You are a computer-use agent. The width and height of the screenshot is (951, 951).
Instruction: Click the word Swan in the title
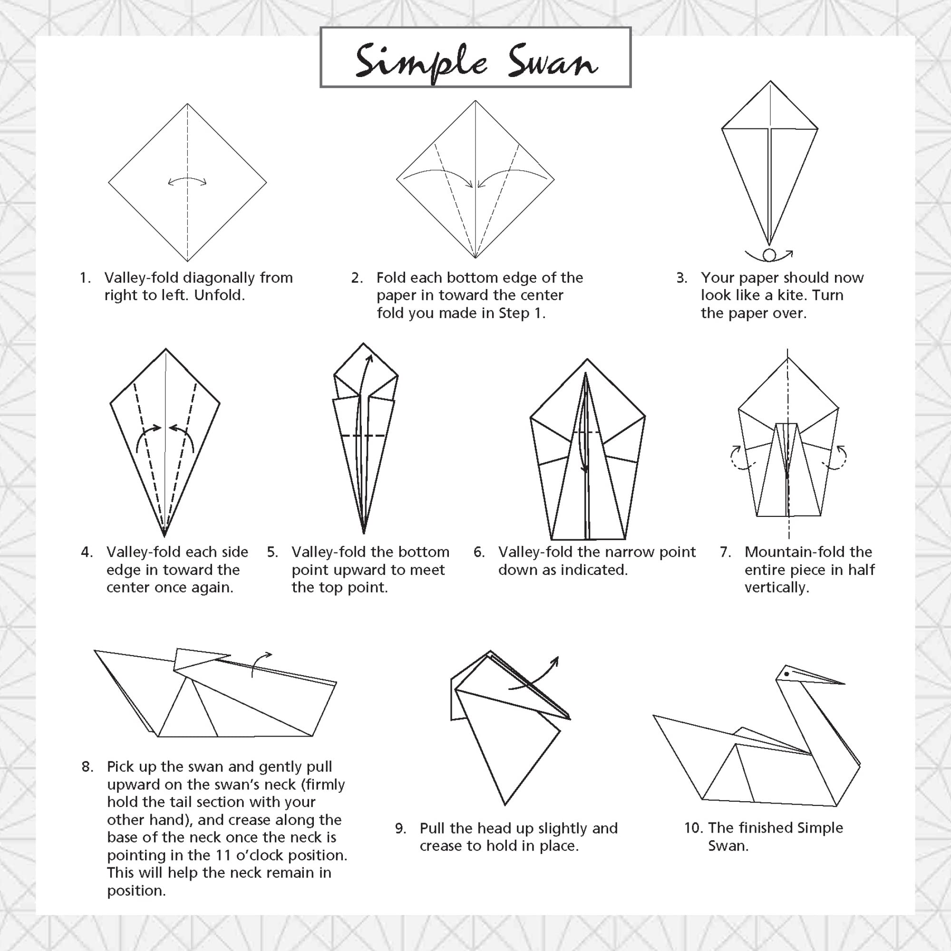553,61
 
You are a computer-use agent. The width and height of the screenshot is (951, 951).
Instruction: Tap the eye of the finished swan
787,674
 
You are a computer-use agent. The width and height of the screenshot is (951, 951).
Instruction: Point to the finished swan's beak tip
844,684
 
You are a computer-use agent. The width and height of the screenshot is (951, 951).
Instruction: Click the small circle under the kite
769,255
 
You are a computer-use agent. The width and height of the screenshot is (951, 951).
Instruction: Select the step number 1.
85,278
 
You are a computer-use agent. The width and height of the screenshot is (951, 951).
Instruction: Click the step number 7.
726,552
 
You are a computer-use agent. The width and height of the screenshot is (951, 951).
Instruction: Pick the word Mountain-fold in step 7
795,552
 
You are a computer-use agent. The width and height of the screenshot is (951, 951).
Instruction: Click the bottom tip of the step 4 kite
165,535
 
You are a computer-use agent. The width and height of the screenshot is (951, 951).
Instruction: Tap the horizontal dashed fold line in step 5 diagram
363,436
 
